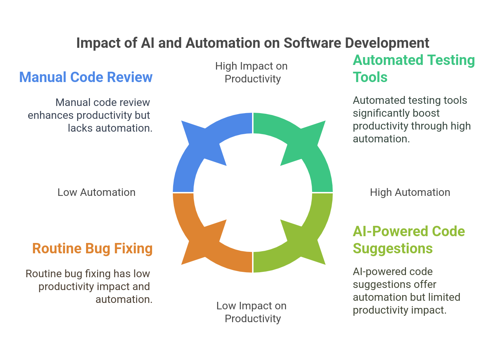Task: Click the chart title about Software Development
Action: click(253, 43)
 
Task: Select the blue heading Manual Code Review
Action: click(86, 77)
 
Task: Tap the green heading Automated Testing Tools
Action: click(413, 69)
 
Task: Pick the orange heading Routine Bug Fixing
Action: click(92, 249)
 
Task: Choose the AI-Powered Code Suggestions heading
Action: click(408, 240)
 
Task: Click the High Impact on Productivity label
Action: click(252, 72)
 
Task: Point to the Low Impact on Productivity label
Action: click(252, 312)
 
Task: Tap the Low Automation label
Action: click(96, 193)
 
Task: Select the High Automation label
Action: click(410, 193)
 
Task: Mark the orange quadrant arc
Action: click(200, 243)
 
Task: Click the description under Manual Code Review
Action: click(90, 115)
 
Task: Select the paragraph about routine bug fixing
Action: click(89, 287)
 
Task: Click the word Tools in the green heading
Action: click(370, 77)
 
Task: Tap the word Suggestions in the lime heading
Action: click(393, 249)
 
